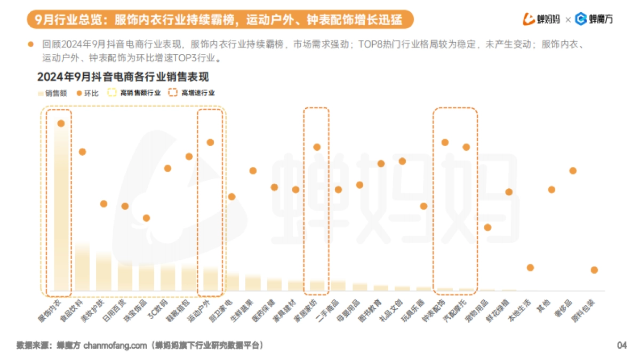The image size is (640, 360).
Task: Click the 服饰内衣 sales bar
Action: pyautogui.click(x=61, y=208)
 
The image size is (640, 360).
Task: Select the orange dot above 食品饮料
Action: pyautogui.click(x=82, y=152)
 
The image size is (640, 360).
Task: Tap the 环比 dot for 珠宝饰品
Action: pyautogui.click(x=146, y=218)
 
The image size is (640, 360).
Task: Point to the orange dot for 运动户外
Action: pyautogui.click(x=210, y=142)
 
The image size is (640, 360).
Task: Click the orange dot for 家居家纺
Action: pyautogui.click(x=317, y=147)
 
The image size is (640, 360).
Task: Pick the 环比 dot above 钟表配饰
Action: pyautogui.click(x=445, y=142)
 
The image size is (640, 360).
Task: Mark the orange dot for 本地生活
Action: pyautogui.click(x=530, y=268)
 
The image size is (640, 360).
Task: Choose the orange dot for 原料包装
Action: pyautogui.click(x=594, y=270)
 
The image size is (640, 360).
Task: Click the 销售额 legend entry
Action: pyautogui.click(x=52, y=93)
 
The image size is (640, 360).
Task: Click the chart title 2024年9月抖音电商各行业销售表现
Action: pyautogui.click(x=123, y=77)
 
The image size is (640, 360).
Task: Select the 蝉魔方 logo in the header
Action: pyautogui.click(x=594, y=20)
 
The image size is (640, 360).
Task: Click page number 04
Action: pyautogui.click(x=622, y=345)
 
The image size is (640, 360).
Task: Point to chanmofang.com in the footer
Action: pyautogui.click(x=115, y=345)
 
